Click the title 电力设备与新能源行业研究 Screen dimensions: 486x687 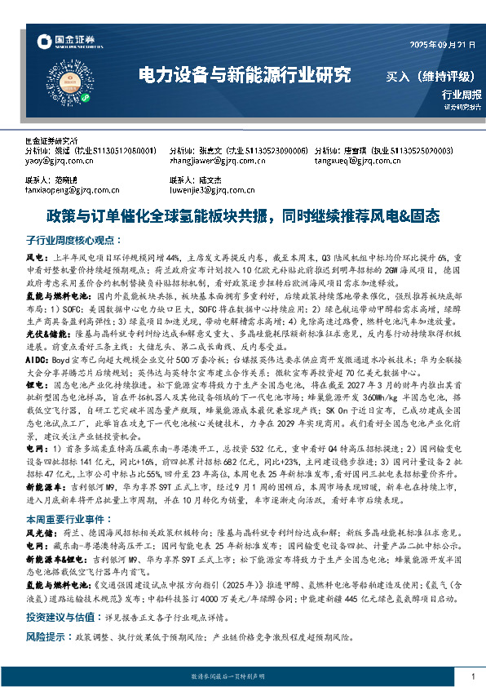[245, 77]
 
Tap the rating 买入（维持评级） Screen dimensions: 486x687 [430, 77]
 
